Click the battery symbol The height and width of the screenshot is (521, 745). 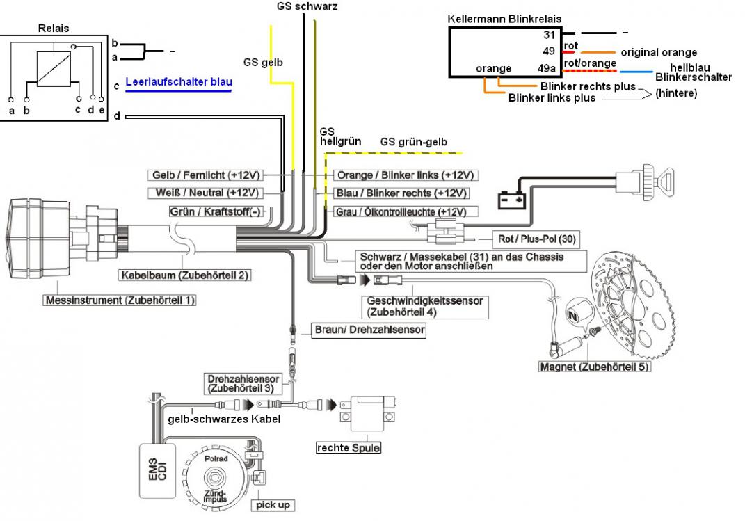click(x=511, y=200)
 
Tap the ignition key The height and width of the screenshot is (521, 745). click(x=658, y=182)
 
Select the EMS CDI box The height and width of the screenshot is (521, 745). click(x=157, y=471)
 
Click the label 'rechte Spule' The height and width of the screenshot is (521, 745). click(x=349, y=448)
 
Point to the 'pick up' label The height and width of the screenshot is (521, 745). click(x=273, y=504)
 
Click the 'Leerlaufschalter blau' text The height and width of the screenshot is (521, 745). click(x=179, y=81)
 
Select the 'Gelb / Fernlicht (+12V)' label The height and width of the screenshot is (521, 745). click(x=206, y=175)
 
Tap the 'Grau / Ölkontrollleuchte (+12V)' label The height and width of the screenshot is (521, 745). click(x=406, y=212)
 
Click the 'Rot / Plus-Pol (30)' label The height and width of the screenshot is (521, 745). click(x=537, y=239)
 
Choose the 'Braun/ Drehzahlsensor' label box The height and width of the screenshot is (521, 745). click(x=369, y=330)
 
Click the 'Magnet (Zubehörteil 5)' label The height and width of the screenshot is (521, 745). click(x=594, y=367)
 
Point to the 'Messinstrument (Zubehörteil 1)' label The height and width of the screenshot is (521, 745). click(x=120, y=300)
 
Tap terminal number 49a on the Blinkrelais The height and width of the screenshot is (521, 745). click(x=546, y=68)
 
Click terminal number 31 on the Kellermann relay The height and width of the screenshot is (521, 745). click(x=550, y=35)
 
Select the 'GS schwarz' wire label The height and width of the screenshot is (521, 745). click(x=307, y=6)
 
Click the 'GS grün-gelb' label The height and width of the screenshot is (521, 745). click(x=413, y=141)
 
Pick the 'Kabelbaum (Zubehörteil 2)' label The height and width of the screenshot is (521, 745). click(x=184, y=275)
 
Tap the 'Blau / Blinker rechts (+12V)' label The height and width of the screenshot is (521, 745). click(x=401, y=193)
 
